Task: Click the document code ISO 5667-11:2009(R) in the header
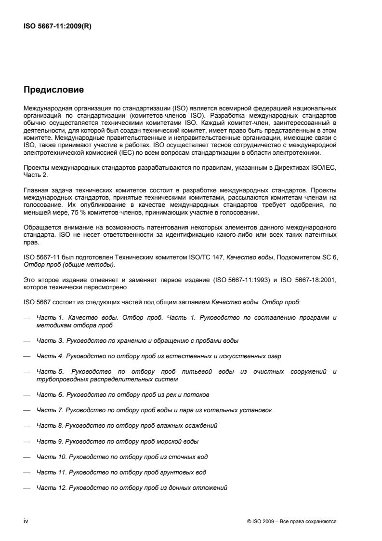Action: click(x=57, y=27)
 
